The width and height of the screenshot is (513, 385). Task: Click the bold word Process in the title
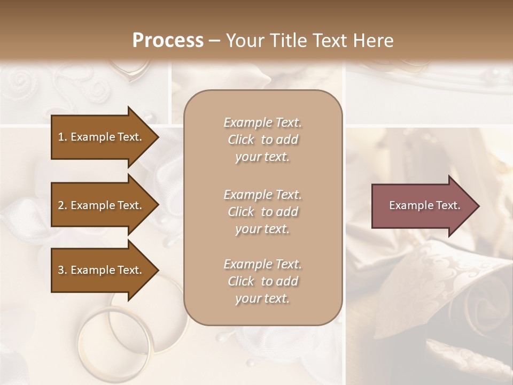168,41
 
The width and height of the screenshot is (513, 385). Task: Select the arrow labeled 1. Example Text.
102,137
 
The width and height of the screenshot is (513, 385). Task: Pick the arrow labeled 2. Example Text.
102,205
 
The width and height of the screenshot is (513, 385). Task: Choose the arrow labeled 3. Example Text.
102,270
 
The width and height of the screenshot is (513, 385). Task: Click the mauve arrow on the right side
422,205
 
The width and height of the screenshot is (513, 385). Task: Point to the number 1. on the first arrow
63,137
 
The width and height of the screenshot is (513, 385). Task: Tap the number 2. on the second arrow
63,205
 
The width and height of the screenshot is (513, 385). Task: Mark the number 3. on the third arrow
63,270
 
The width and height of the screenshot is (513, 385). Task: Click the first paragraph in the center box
262,140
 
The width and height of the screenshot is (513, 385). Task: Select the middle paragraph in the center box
262,212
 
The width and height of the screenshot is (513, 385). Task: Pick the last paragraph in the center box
262,281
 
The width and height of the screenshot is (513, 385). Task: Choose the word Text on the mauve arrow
448,205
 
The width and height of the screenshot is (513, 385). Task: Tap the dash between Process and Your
215,41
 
